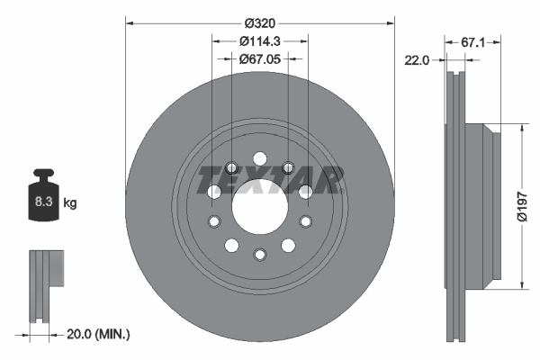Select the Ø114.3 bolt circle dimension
[259, 40]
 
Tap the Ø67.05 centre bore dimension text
[259, 58]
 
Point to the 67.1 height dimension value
[473, 41]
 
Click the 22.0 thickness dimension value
[418, 59]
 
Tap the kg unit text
[70, 203]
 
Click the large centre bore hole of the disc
[259, 205]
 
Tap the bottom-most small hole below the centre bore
[259, 254]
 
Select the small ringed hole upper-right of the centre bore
[288, 166]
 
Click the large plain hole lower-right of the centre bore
[288, 245]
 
